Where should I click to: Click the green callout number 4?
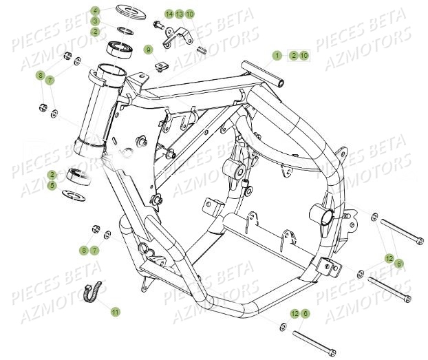(x=96, y=11)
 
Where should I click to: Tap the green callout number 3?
(x=96, y=21)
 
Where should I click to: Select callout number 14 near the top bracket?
(x=169, y=14)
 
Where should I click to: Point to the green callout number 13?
(x=179, y=14)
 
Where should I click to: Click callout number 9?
(x=147, y=50)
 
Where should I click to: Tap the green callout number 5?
(x=72, y=185)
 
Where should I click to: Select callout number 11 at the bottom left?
(x=116, y=312)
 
